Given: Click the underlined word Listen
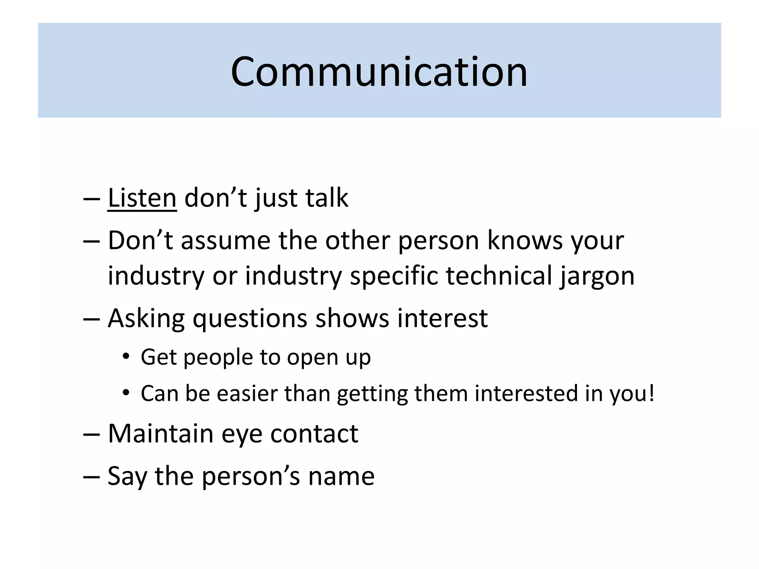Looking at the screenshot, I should click(142, 198).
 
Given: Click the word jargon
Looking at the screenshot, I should click(597, 276).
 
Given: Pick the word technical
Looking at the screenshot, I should click(499, 276).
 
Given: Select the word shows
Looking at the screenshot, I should click(352, 319).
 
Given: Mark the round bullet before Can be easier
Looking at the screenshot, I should click(126, 393).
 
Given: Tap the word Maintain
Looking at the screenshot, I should click(160, 433).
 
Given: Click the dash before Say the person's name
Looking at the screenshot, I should click(91, 476).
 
